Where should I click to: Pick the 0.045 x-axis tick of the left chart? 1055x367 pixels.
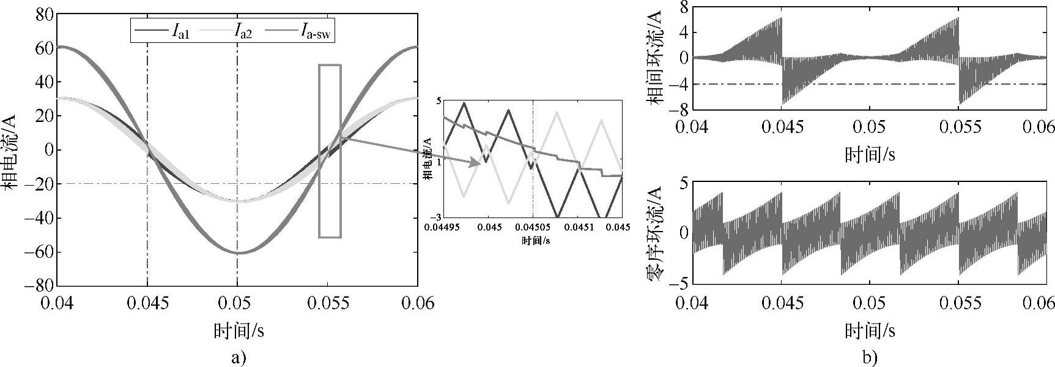pos(147,303)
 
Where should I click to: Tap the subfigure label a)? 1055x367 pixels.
pos(238,357)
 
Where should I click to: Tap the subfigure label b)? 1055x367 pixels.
pos(869,357)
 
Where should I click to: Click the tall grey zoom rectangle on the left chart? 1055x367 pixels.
pos(330,151)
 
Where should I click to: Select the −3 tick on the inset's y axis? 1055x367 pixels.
pos(437,217)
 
